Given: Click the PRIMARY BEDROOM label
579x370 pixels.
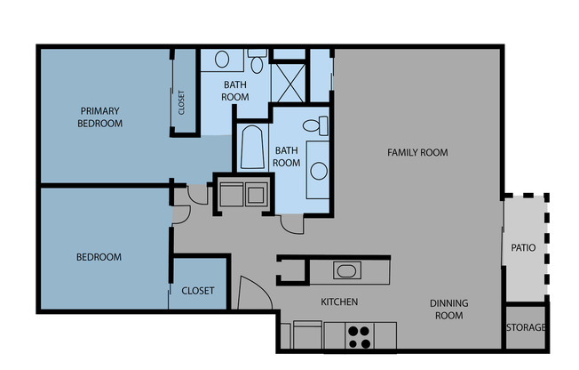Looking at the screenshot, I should coord(99,117).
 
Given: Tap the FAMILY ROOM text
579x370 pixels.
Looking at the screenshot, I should coord(417,153).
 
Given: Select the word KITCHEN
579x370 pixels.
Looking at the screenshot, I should coord(339,302).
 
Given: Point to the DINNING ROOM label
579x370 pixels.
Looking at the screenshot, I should coord(448,310).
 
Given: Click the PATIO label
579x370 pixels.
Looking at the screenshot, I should coord(523,248).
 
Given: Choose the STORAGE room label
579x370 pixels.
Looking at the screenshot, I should coord(526,327).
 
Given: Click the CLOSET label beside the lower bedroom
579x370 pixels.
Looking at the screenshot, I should coord(197,291).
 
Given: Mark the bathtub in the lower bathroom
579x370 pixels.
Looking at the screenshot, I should coord(250,148).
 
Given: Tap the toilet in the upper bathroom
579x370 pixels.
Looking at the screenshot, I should coord(257,62).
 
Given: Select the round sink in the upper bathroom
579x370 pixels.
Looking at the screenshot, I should coord(221,60).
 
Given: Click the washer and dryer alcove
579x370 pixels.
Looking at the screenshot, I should coord(242,193).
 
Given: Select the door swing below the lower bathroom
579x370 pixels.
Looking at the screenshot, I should coord(289,222).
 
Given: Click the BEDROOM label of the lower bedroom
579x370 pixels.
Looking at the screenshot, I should coord(98,257).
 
